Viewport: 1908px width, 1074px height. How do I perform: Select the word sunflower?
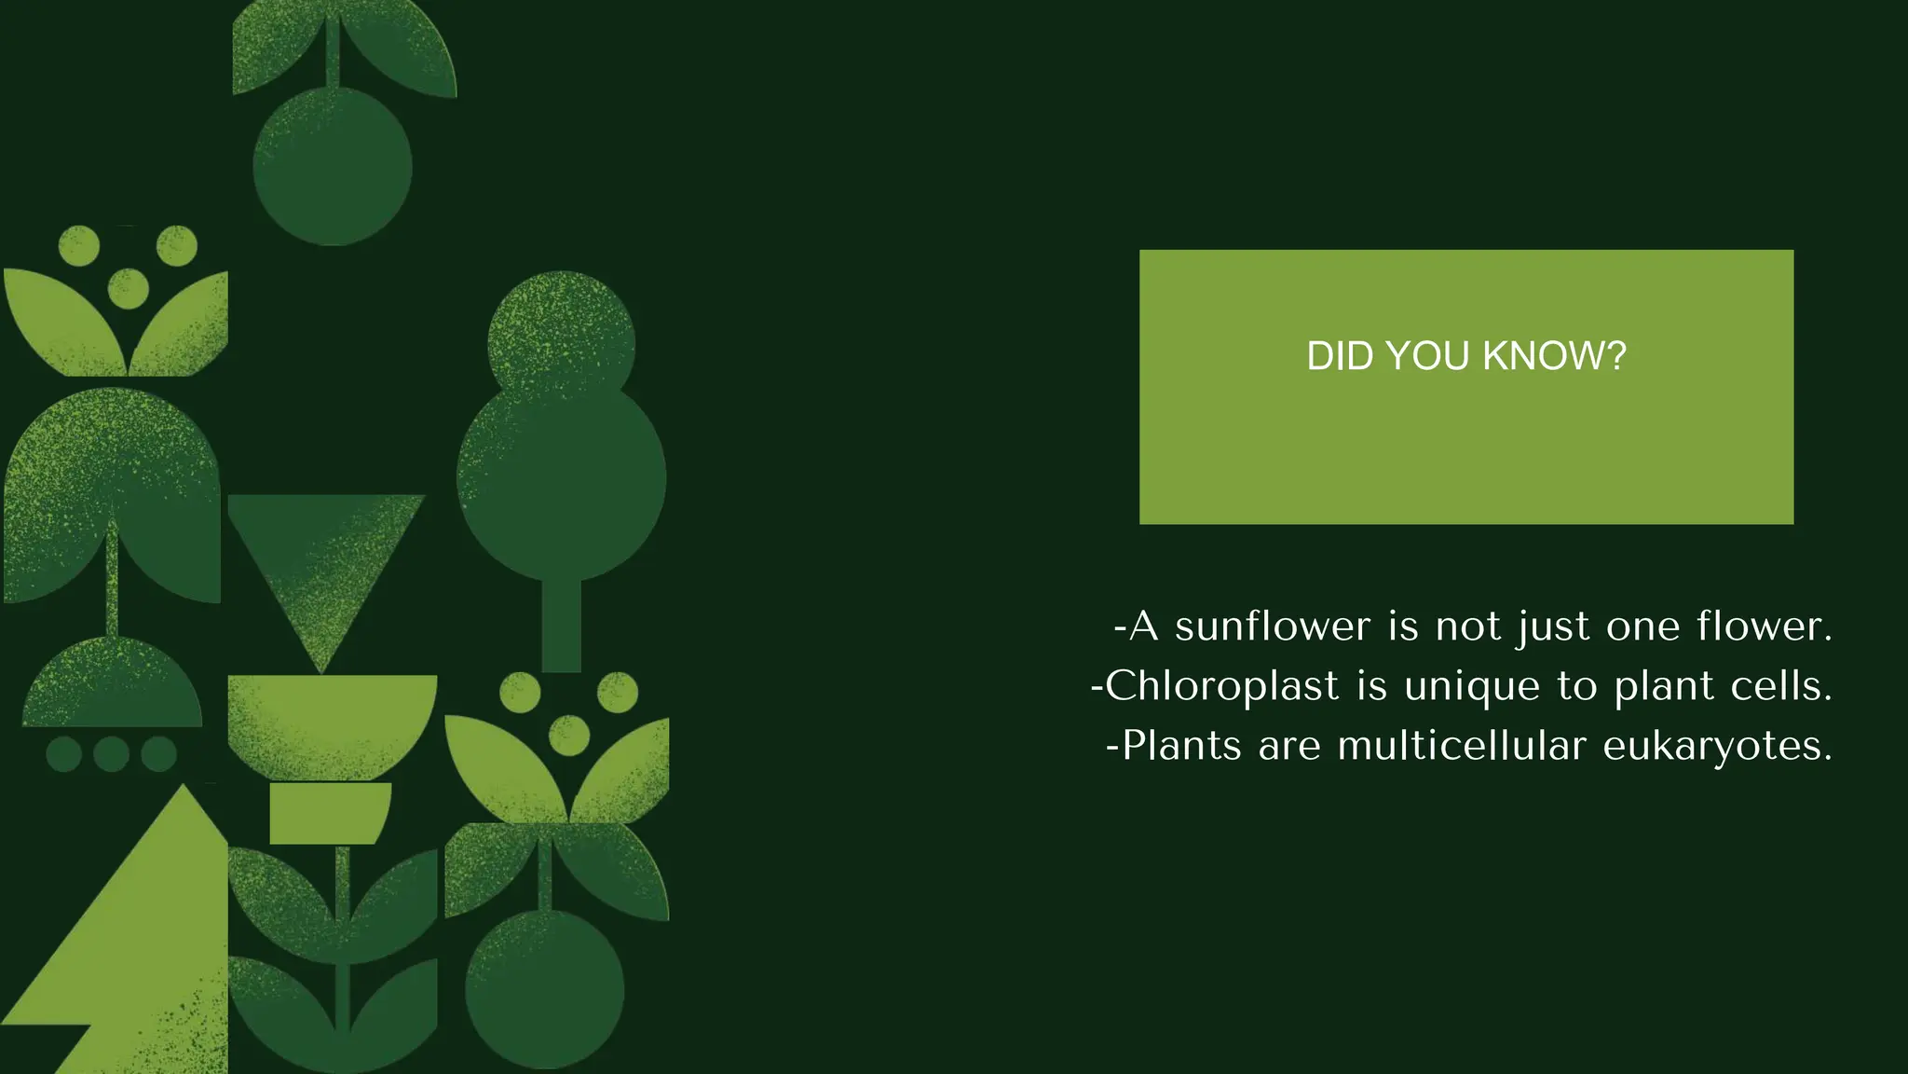point(1273,626)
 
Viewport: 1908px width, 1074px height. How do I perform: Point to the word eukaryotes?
point(1717,747)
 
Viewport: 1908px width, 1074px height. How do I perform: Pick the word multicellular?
point(1461,746)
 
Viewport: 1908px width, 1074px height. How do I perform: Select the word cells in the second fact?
point(1780,686)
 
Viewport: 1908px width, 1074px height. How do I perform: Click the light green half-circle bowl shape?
point(333,723)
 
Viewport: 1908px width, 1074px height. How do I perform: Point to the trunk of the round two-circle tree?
point(561,625)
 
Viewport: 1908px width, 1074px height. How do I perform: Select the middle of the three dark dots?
point(111,753)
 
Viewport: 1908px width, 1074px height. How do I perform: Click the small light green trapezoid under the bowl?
point(330,813)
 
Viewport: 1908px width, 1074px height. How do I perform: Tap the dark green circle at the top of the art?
point(333,167)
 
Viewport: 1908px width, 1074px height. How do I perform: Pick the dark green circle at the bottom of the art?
point(545,990)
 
